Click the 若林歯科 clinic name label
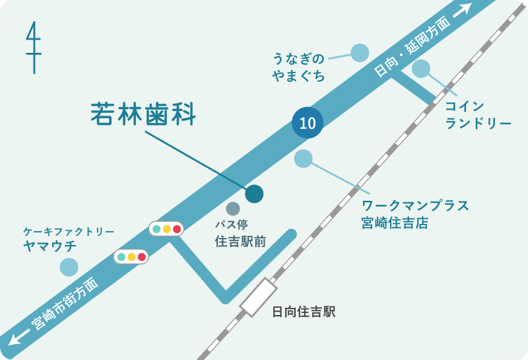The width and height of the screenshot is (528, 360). pos(143,114)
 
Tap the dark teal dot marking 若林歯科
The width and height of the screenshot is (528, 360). pos(254,194)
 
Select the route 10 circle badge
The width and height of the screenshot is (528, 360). pos(308,123)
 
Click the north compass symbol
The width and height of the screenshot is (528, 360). pos(33,48)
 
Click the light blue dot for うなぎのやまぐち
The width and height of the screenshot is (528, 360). pos(359,52)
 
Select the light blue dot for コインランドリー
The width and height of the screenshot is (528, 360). pos(420,69)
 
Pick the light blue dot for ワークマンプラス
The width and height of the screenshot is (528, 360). pos(303,159)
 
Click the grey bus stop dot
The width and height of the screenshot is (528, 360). pos(233,209)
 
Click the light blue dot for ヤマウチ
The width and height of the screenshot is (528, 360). pos(69,267)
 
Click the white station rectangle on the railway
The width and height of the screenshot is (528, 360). pos(258,297)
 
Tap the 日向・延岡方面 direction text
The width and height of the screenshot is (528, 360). pos(412,48)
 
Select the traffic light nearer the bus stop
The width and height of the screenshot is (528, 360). pos(166,229)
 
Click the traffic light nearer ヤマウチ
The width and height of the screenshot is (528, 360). pos(131,256)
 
